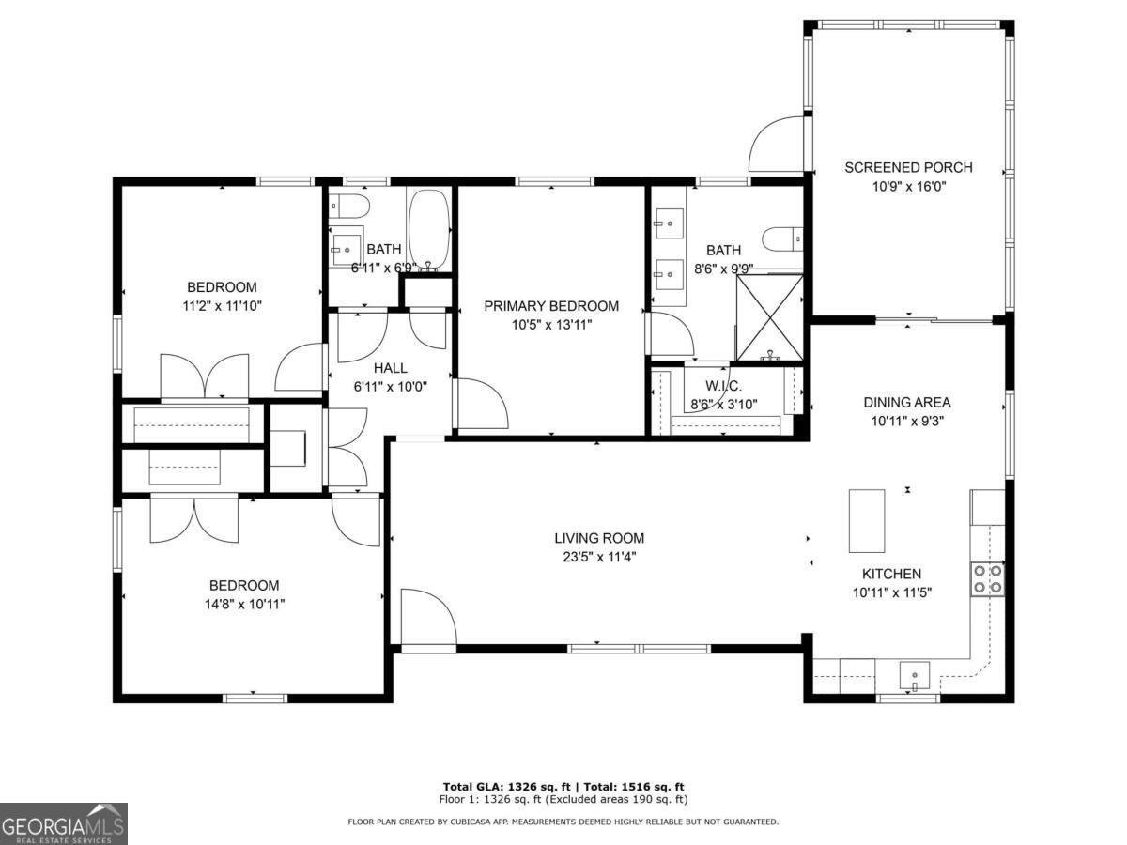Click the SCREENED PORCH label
[908, 168]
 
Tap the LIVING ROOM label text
[599, 538]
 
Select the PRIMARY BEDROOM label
[551, 306]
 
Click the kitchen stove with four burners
[987, 578]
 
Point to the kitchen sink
[914, 675]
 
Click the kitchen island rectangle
[866, 520]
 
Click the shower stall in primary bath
[769, 317]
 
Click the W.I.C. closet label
[723, 386]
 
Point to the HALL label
[390, 368]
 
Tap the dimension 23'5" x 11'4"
[599, 557]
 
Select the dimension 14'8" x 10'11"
[231, 604]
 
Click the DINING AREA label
[906, 403]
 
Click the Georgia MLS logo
[63, 823]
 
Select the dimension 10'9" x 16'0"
[908, 187]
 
